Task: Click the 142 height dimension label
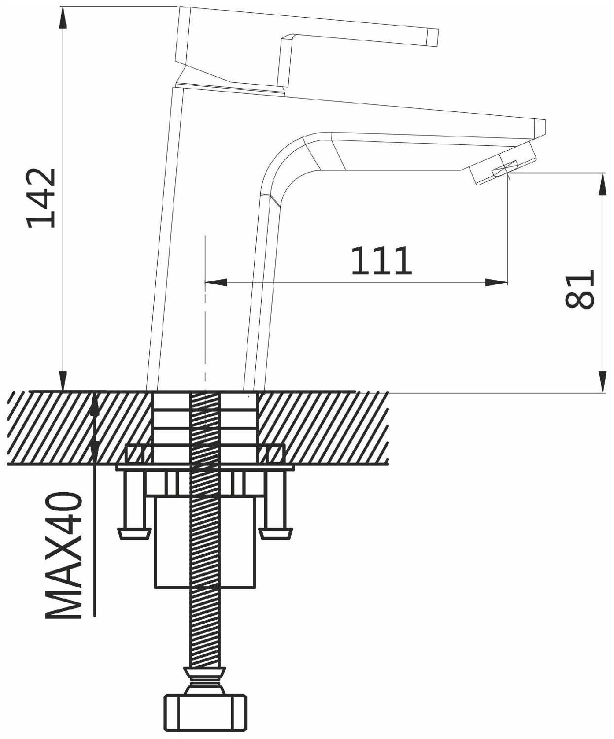point(41,198)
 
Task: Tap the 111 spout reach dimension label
point(382,261)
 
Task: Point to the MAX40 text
point(64,555)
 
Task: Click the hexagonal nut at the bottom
point(205,709)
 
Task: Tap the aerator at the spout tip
point(503,164)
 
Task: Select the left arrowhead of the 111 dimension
point(216,282)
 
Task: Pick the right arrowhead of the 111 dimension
point(496,282)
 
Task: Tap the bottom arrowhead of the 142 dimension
point(63,381)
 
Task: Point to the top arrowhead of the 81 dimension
point(602,184)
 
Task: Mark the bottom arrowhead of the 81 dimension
point(602,381)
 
